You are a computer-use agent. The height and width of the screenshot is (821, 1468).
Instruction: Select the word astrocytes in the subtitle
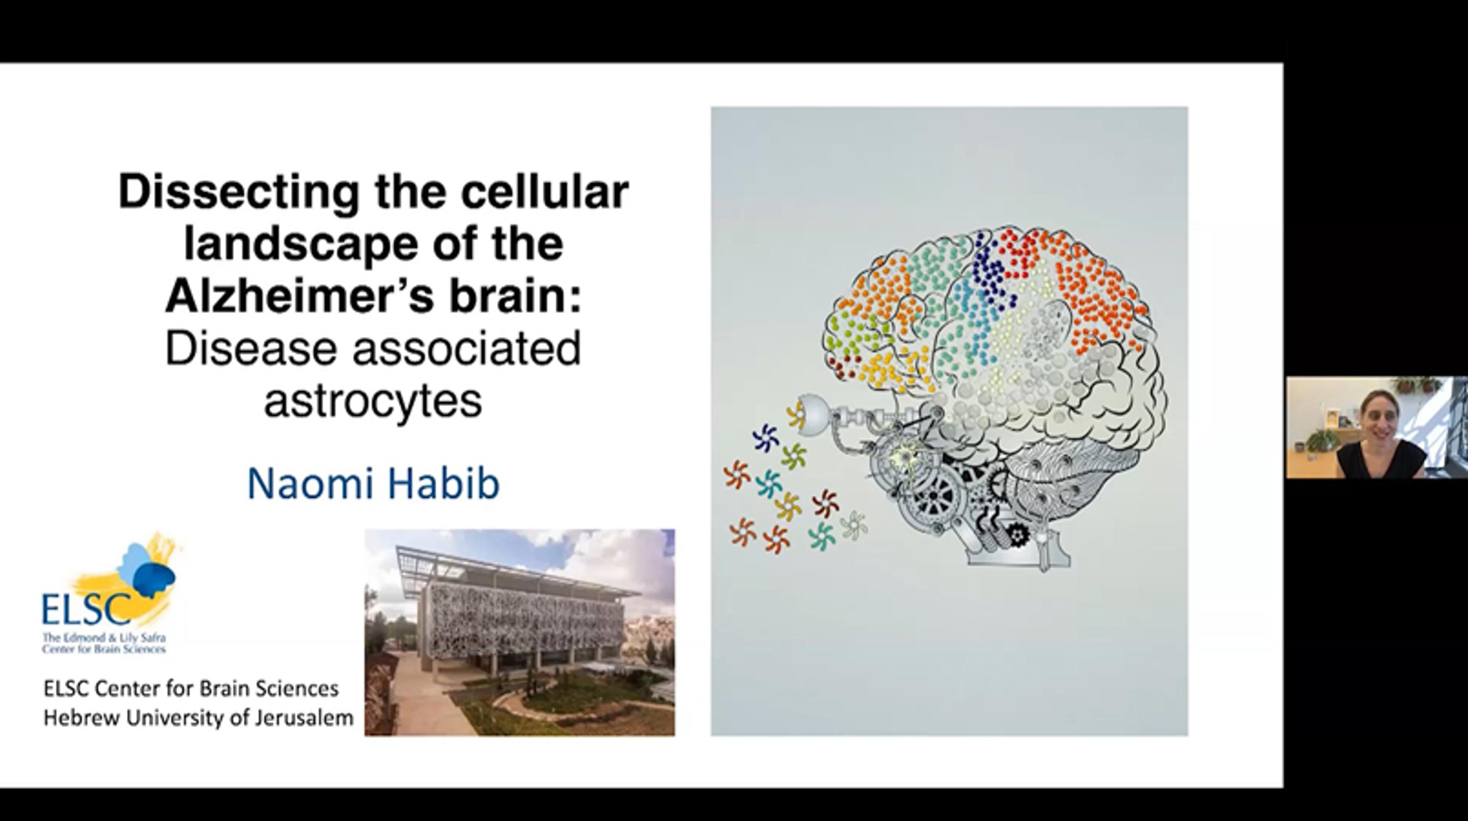click(x=373, y=401)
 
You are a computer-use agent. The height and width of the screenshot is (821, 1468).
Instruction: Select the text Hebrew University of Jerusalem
click(x=198, y=718)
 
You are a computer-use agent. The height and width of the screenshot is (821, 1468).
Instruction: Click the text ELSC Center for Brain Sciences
click(x=191, y=689)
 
